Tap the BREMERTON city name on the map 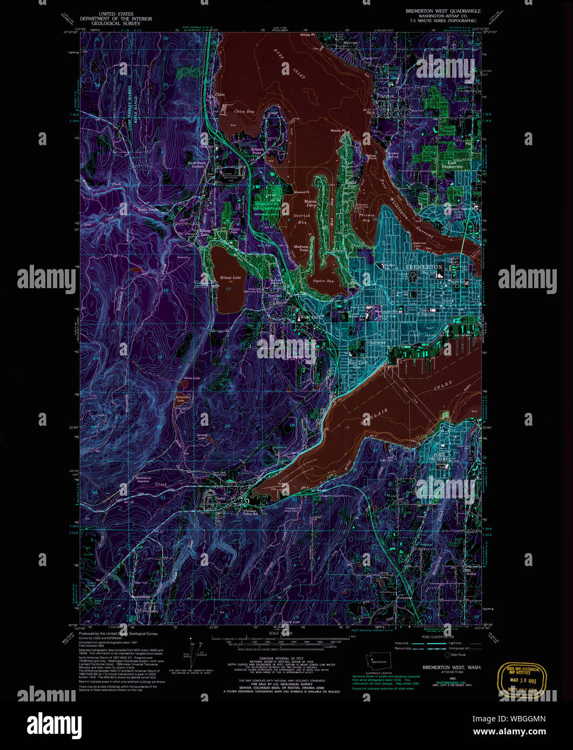[x=424, y=267]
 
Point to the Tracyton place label [x=385, y=96]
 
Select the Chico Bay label [x=244, y=112]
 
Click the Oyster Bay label [x=323, y=281]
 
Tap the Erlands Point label [x=257, y=151]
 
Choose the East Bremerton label [x=452, y=165]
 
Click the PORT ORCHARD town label [x=441, y=456]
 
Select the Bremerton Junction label [x=144, y=479]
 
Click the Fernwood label [x=404, y=597]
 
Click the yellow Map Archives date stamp [x=523, y=681]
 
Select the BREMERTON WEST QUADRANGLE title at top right [x=443, y=11]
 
